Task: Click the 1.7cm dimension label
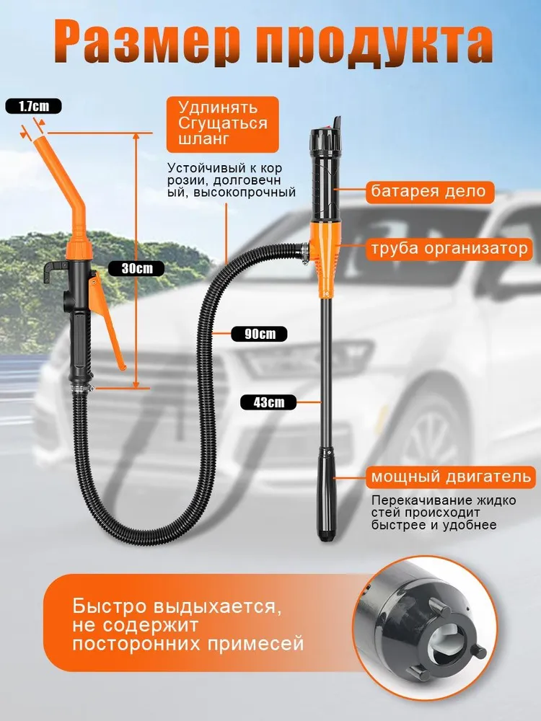coord(33,107)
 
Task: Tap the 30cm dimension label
coord(136,268)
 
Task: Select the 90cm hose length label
coord(260,334)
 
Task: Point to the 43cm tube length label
coord(268,402)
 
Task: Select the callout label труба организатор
coord(449,248)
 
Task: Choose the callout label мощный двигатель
coord(451,477)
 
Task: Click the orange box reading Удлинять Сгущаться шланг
coord(223,124)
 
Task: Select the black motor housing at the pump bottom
coord(326,498)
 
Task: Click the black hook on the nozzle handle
coord(53,272)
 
